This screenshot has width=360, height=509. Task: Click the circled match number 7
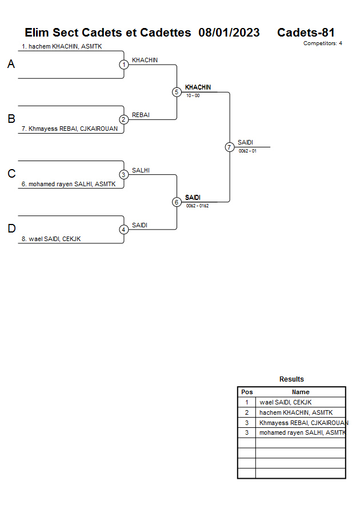coord(229,147)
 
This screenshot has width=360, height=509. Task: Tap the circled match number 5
coord(177,92)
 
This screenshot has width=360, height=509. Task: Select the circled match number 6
coord(177,202)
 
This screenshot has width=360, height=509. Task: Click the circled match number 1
coord(124,65)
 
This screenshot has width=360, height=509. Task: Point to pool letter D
coord(11,229)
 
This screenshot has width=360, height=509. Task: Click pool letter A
coord(11,65)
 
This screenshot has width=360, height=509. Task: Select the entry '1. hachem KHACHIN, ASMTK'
coord(62,46)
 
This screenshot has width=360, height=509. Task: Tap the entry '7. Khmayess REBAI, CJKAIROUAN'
coord(69,129)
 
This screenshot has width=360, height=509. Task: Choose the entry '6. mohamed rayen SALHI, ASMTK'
coord(68,184)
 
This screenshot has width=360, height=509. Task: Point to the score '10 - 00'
coord(193,95)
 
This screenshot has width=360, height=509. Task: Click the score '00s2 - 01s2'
coord(197,206)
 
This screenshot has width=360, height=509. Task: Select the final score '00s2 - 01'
coord(247,151)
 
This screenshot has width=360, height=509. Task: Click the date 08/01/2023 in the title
coord(229,33)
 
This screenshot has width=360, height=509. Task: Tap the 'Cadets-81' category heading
coord(306,33)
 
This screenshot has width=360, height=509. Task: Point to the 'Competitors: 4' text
coord(323,43)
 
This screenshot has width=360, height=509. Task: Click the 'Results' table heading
coord(291,379)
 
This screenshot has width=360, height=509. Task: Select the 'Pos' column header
coord(247,392)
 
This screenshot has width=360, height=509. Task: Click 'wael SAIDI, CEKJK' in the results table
coord(286,402)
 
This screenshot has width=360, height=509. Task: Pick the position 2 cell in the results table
coord(247,412)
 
